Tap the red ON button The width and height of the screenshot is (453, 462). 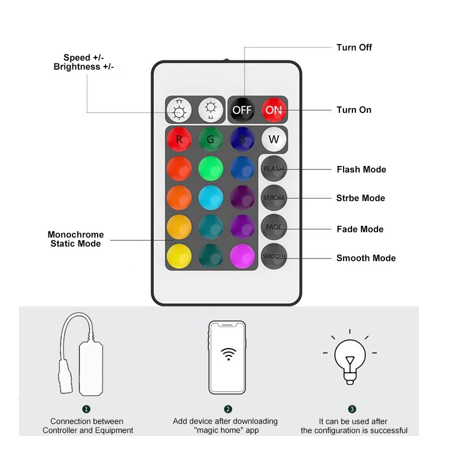coord(273,109)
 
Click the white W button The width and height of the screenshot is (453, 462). coord(273,139)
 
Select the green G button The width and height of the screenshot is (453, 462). coord(210,139)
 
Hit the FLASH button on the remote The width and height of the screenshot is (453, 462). coord(273,168)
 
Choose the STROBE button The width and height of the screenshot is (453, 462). coord(273,197)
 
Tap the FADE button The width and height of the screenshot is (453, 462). coord(273,226)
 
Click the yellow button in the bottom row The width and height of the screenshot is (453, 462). coord(179,255)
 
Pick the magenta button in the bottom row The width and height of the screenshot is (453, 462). coord(242,255)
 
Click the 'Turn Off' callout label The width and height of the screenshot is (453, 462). coord(354,47)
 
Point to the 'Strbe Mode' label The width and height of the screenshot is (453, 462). coord(360,198)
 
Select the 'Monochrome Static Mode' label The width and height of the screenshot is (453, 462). coord(75,239)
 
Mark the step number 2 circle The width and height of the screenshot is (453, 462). coord(228,409)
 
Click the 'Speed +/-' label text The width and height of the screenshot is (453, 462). coord(83,58)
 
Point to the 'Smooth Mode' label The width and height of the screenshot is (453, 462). coord(366,258)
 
